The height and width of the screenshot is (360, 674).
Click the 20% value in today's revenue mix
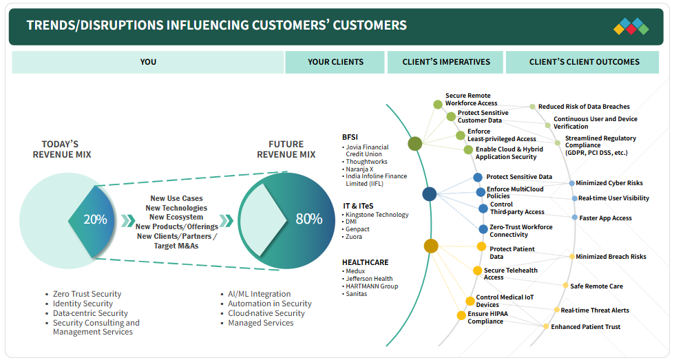[x=96, y=220]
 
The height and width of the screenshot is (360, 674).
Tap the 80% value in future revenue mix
[x=308, y=219]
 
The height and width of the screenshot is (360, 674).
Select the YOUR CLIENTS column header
[x=335, y=62]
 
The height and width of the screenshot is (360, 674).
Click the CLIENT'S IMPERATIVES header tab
[x=446, y=62]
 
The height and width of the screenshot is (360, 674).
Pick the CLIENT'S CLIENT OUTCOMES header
[x=584, y=62]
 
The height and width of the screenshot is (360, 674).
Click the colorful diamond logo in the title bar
[x=631, y=26]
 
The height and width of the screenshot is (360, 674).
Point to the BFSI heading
[x=350, y=136]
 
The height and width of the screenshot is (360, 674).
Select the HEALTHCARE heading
[x=365, y=262]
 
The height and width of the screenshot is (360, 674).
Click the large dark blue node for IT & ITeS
[x=430, y=194]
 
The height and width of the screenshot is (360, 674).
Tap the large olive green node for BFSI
[x=414, y=144]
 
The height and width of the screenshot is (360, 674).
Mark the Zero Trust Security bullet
[x=87, y=295]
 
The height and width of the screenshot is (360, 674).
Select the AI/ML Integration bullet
[x=260, y=294]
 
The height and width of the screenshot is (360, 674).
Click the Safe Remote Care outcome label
[x=596, y=286]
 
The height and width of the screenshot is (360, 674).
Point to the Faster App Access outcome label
[x=605, y=218]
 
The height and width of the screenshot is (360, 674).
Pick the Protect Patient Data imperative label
[x=512, y=253]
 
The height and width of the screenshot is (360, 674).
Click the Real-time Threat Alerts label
[x=594, y=310]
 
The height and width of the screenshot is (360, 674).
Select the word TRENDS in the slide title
[x=50, y=25]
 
